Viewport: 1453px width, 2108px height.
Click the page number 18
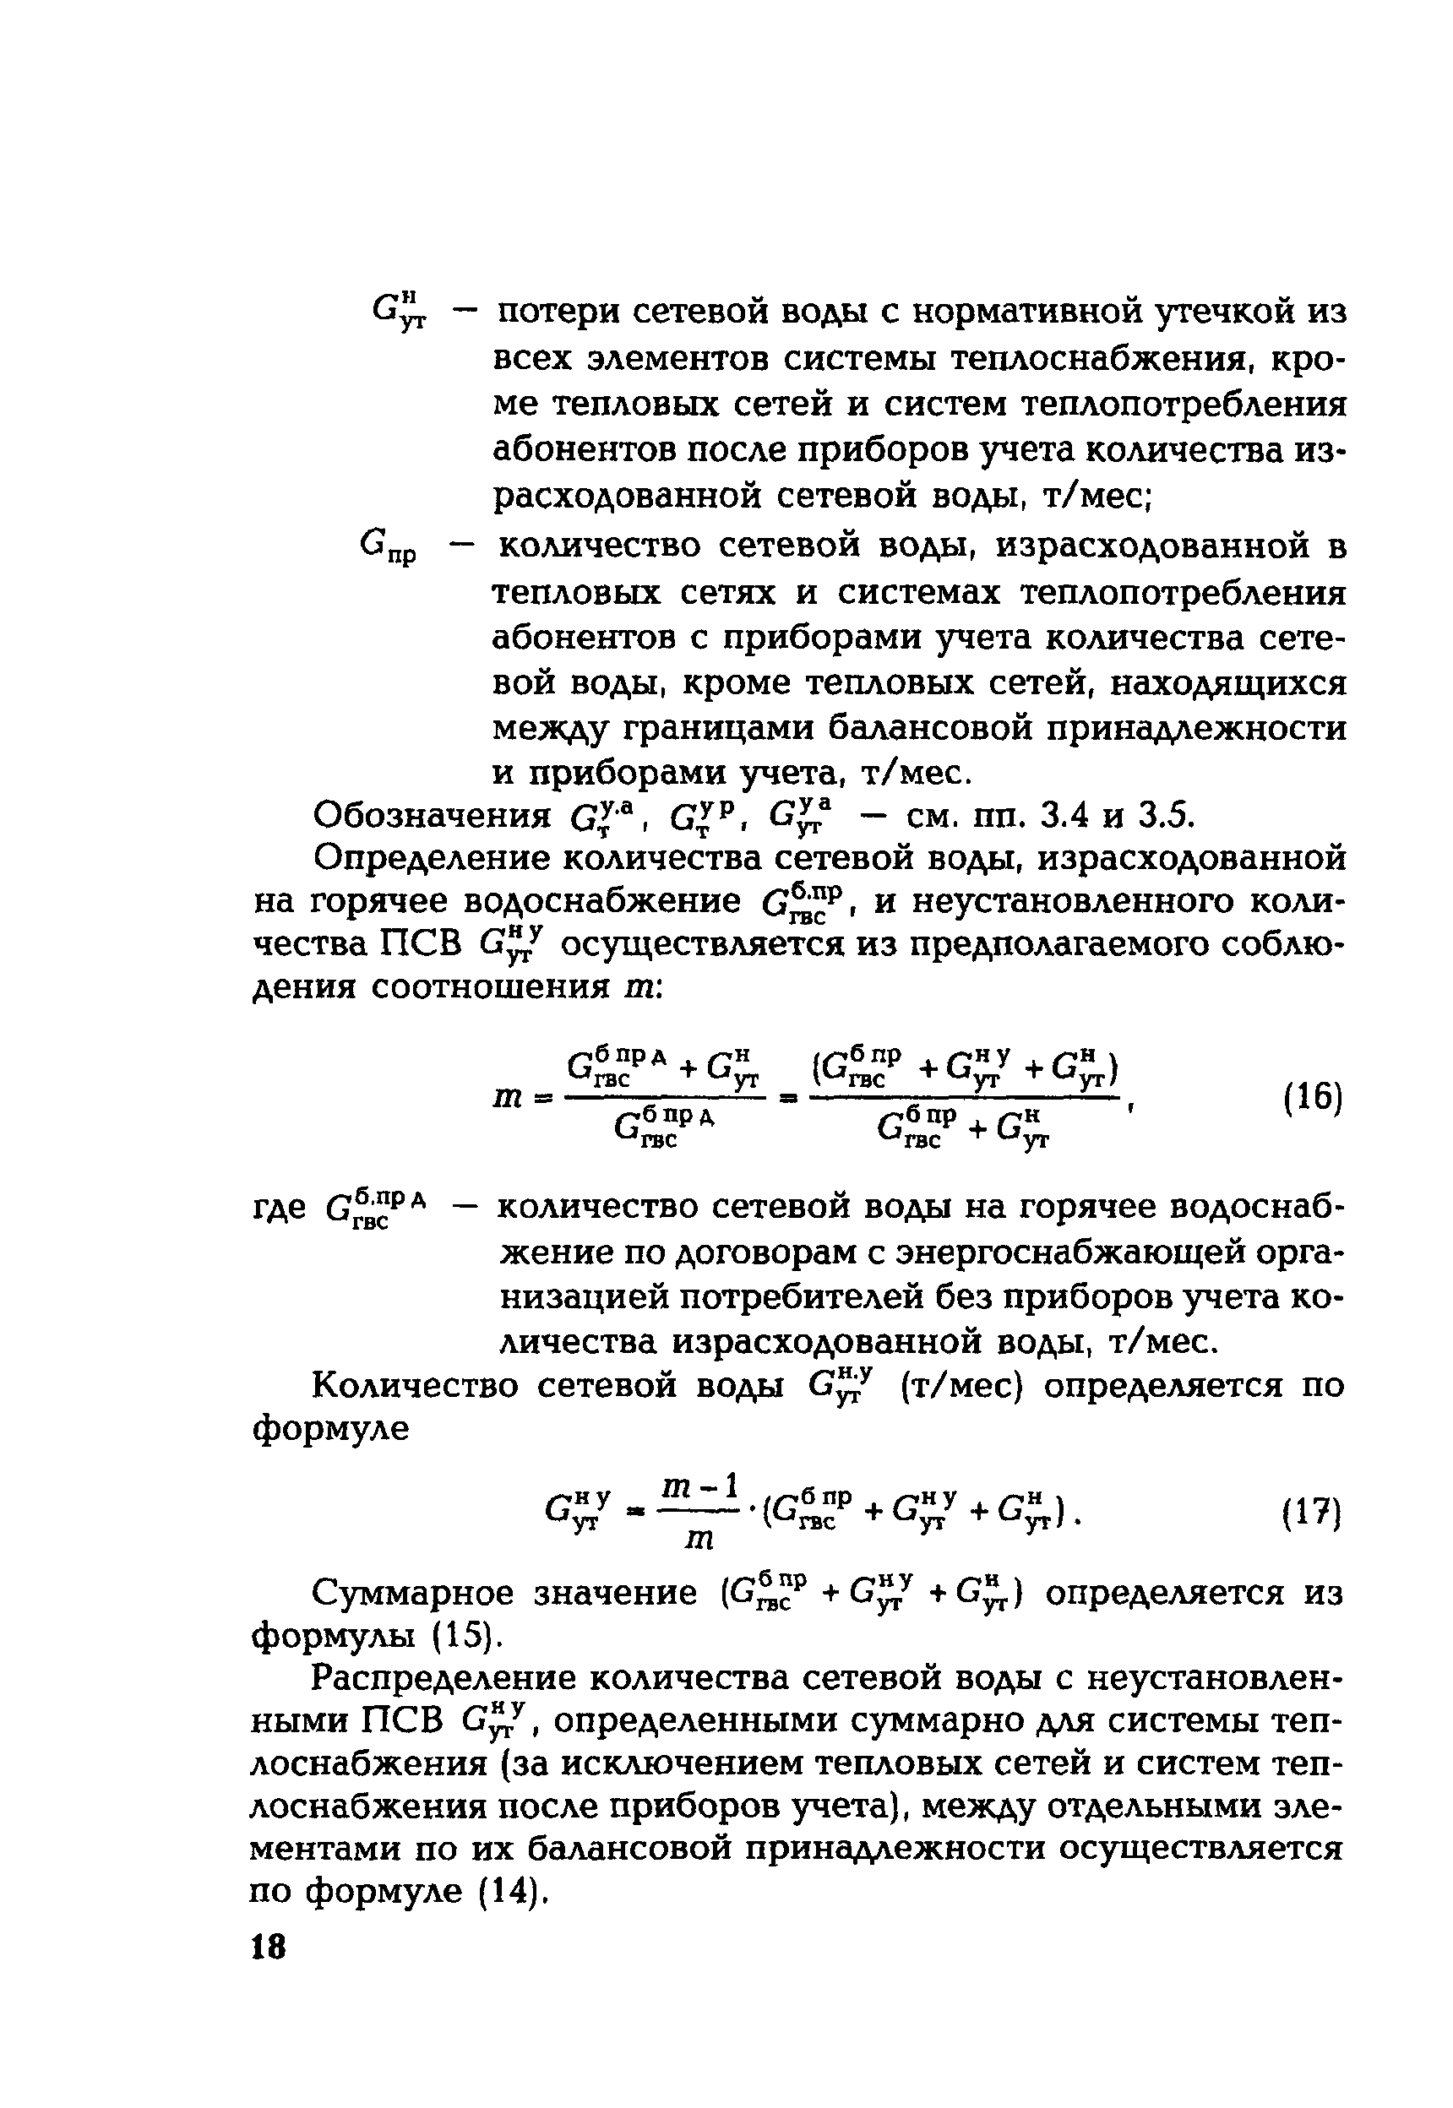coord(269,1947)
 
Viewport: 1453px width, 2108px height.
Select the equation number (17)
coord(1313,1515)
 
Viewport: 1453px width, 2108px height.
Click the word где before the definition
coord(280,1209)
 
